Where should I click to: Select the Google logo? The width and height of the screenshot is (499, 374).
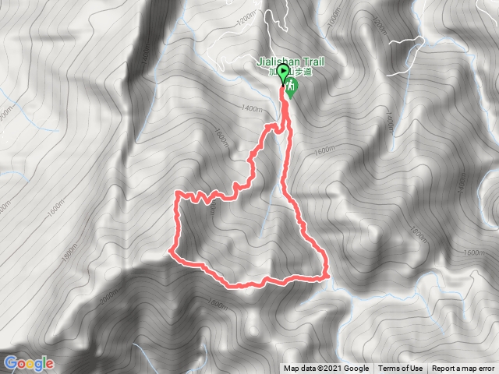(x=28, y=363)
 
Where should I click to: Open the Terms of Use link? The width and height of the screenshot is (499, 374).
(x=401, y=369)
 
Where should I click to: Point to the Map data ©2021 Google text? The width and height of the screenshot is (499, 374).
(x=326, y=369)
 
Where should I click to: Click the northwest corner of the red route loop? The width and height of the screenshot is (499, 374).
(x=179, y=192)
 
